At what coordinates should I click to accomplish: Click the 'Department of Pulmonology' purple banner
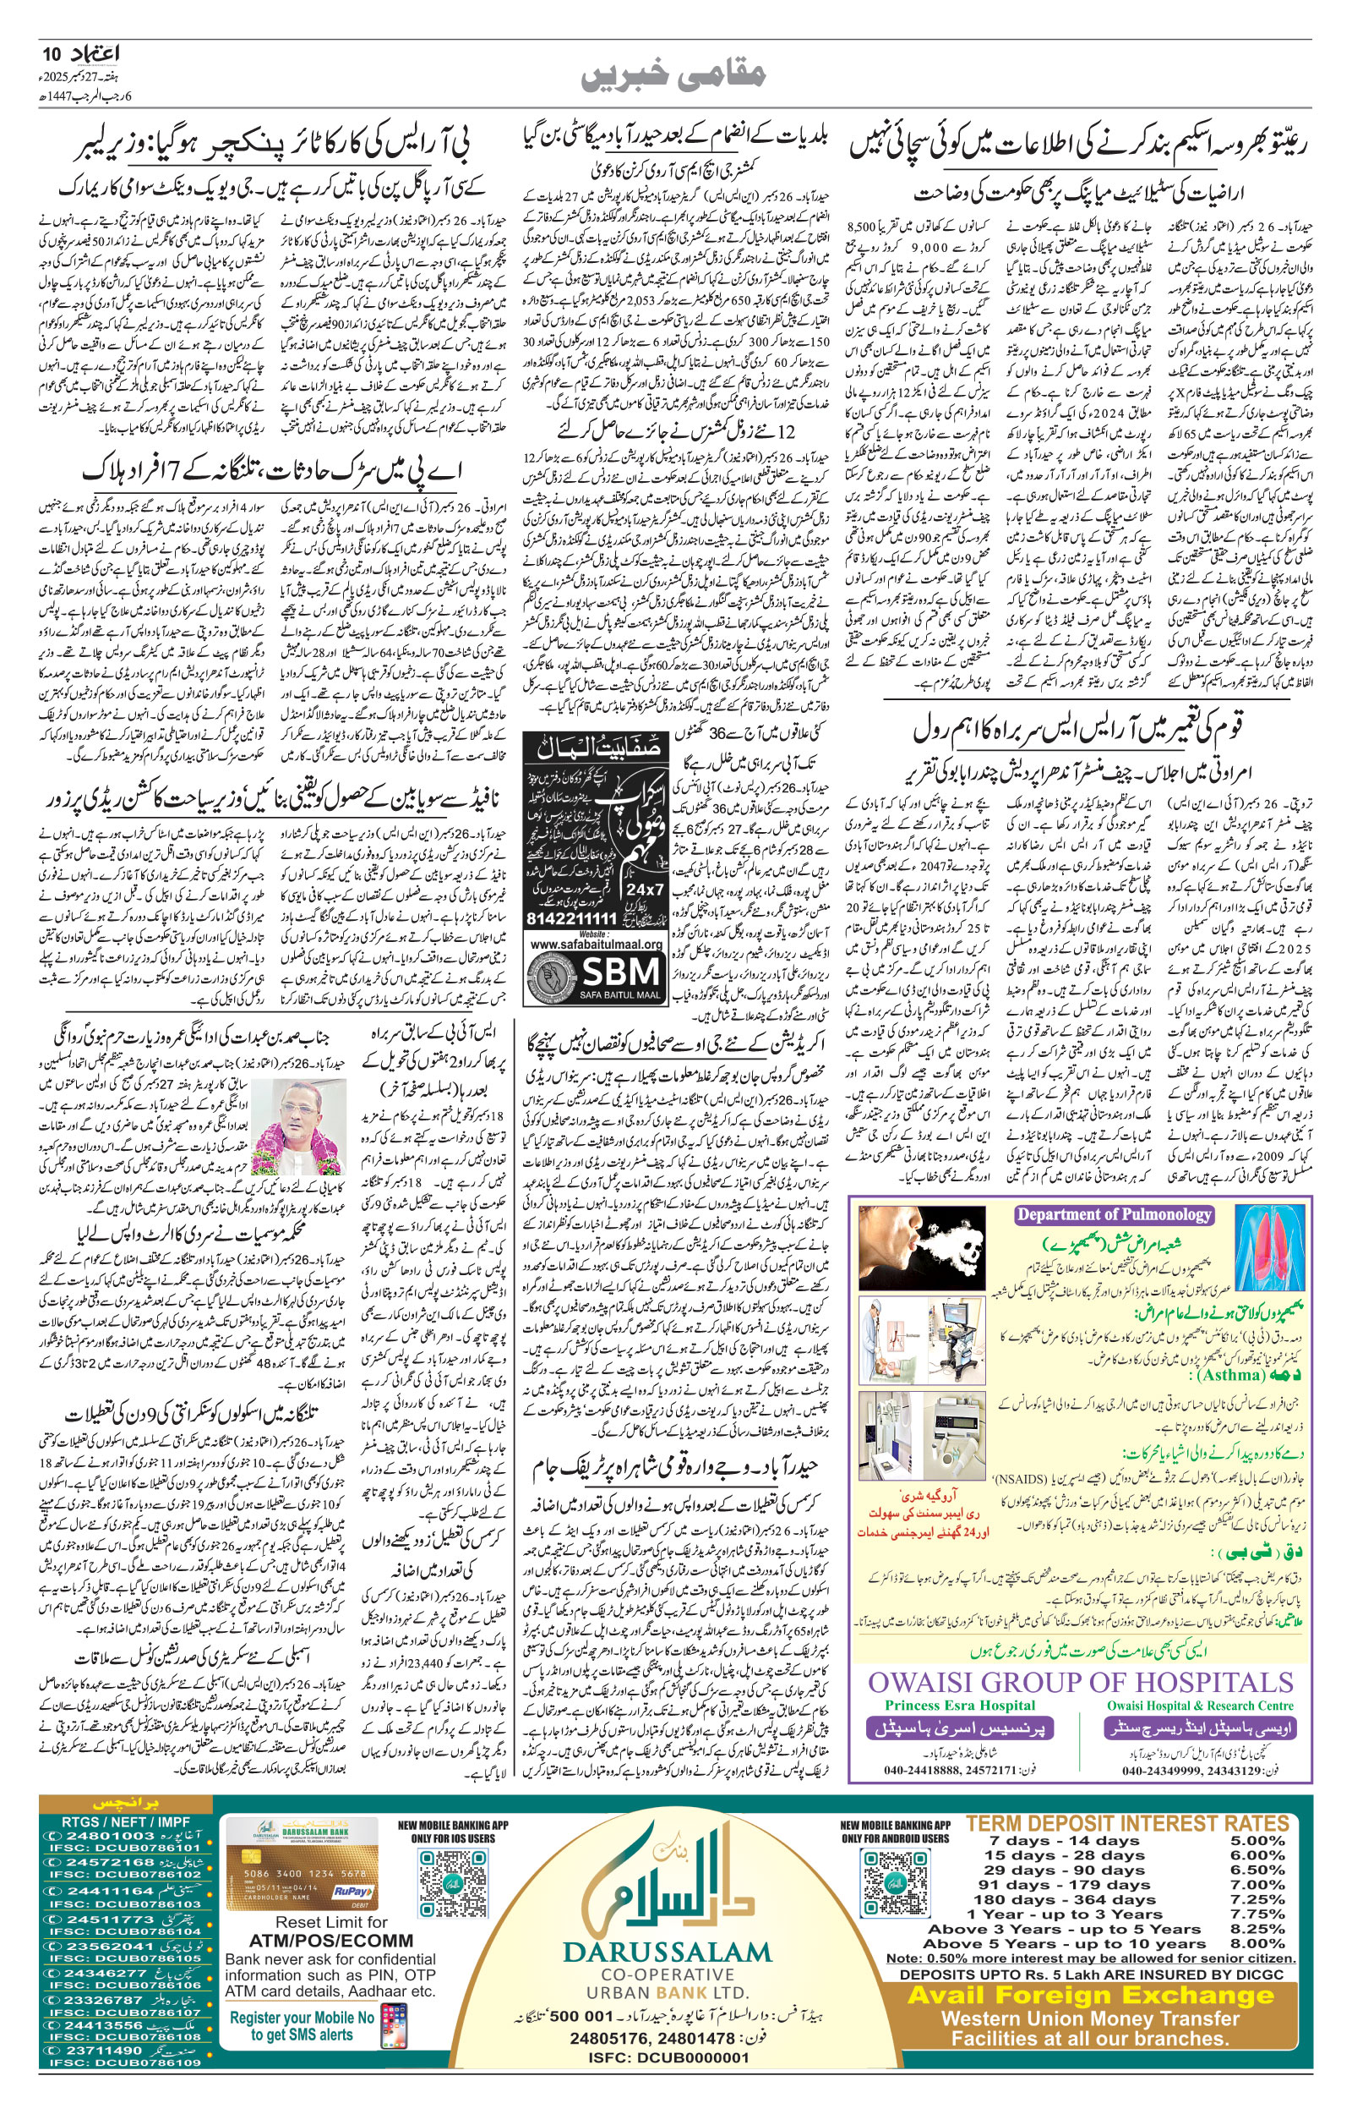click(1114, 1214)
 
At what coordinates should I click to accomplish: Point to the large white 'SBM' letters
click(622, 972)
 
